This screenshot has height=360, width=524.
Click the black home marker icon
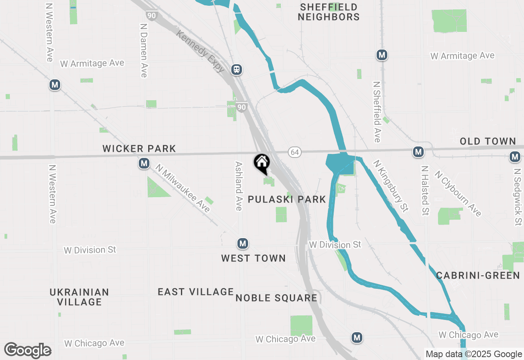262,163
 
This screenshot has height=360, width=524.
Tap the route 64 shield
294,152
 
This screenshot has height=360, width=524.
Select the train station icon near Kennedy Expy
236,70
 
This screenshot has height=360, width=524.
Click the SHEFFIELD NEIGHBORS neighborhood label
328,12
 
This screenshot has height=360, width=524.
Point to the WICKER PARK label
139,148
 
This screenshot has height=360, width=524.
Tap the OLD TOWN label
488,142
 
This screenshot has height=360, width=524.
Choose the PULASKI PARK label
287,200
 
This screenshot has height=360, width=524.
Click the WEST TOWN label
253,258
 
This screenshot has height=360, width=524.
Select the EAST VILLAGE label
196,292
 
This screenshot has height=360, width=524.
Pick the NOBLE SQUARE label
276,298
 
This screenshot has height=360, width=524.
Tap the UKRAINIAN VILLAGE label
79,297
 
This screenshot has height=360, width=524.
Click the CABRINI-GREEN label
478,275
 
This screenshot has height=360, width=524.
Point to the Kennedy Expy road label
201,52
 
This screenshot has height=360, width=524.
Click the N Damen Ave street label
143,50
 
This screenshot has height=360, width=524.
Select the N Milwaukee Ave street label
183,188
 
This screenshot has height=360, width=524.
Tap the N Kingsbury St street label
391,186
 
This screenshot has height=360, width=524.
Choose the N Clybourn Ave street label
458,193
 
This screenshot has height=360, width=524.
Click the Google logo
28,351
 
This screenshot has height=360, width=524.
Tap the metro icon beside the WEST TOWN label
243,244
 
